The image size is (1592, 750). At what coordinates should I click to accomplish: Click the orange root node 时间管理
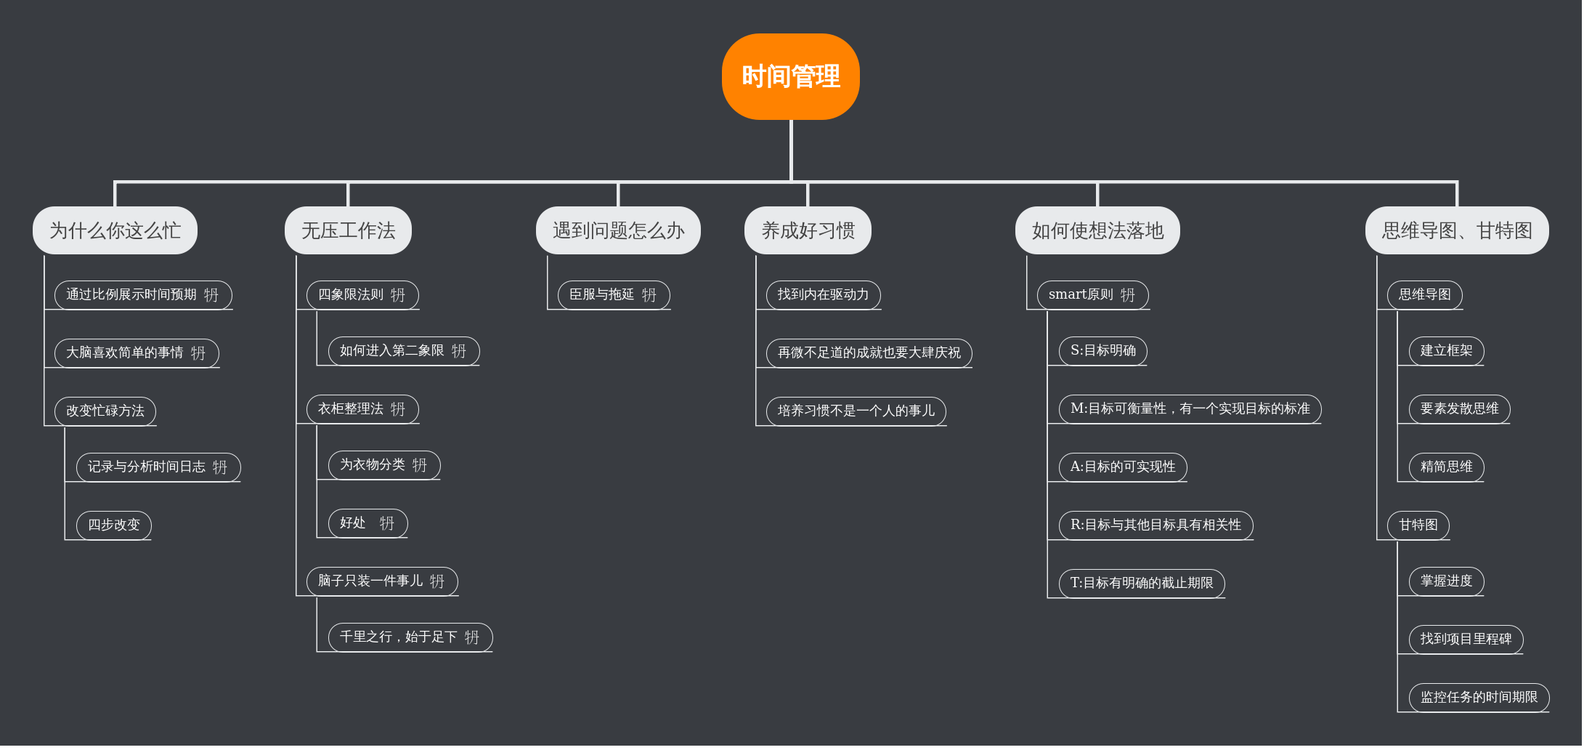pos(790,76)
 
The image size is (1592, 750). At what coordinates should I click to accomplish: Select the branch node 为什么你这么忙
pos(115,230)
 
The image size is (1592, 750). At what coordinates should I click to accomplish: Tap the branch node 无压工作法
pos(348,230)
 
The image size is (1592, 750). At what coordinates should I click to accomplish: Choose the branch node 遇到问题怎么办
pos(618,230)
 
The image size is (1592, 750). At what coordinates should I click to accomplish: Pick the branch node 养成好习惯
pos(808,230)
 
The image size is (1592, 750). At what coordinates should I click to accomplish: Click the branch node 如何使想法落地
pos(1097,230)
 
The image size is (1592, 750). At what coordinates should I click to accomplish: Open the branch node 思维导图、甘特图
pos(1457,230)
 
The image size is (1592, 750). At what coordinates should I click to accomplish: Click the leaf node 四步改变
pos(113,525)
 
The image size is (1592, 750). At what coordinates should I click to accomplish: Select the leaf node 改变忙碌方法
pos(105,411)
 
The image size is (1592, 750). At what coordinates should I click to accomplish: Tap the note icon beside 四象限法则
pos(398,295)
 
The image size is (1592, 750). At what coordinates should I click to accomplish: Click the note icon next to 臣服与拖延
pos(649,295)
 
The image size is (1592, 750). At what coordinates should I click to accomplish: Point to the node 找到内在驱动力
pos(823,294)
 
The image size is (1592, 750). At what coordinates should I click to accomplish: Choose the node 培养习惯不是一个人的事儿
pos(856,411)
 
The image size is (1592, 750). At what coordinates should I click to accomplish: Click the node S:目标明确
pos(1102,350)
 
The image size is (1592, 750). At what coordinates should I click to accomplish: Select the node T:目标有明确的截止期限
pos(1141,583)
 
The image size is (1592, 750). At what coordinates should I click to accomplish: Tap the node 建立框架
pos(1446,350)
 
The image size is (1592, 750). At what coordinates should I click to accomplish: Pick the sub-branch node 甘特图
pos(1418,525)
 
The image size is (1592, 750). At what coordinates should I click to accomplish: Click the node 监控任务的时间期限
pos(1479,697)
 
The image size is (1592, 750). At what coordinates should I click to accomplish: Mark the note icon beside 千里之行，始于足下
pos(472,637)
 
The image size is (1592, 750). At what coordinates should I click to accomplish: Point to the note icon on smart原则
pos(1128,295)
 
